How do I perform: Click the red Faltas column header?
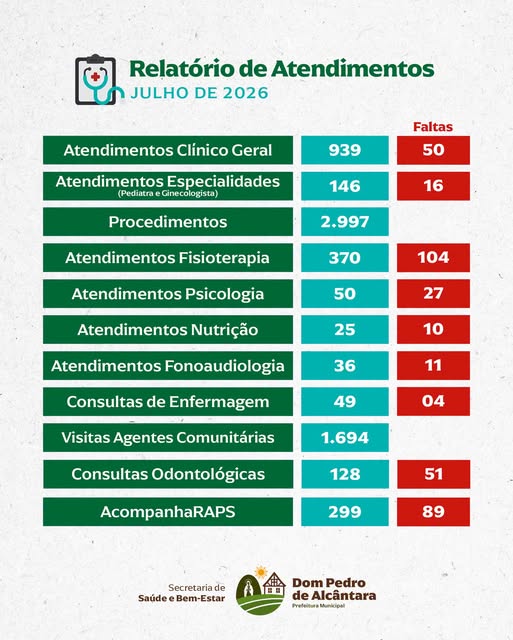click(433, 127)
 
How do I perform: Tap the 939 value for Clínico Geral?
click(345, 150)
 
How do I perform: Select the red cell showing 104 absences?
click(433, 258)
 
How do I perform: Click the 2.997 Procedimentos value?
click(345, 222)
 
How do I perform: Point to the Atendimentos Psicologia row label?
click(168, 294)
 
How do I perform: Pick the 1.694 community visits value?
click(345, 438)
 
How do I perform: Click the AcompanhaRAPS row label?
click(168, 512)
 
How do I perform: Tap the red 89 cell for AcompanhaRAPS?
click(433, 512)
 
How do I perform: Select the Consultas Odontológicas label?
click(168, 474)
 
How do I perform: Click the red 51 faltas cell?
click(433, 474)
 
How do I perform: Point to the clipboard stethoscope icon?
click(99, 80)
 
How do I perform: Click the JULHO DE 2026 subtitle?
click(199, 93)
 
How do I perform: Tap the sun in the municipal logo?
click(260, 572)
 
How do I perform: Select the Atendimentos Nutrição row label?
click(168, 330)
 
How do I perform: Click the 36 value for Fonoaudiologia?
click(345, 366)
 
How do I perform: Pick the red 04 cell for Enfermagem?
click(433, 402)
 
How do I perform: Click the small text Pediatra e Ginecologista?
click(168, 193)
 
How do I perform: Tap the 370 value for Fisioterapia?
click(345, 258)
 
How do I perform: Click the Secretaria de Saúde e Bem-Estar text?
click(182, 593)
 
